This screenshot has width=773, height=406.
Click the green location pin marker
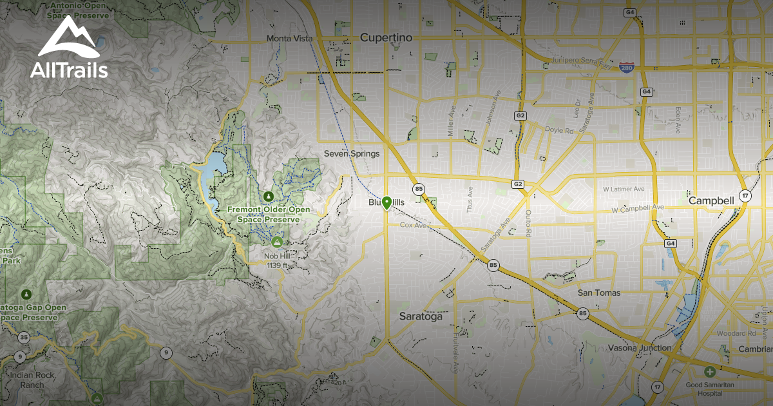point(386,203)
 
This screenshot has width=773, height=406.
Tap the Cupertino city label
point(386,37)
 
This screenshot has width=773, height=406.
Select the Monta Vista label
point(289,39)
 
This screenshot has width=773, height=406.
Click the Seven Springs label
point(352,153)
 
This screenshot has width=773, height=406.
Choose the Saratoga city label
point(421,316)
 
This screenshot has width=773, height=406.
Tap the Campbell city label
point(711,200)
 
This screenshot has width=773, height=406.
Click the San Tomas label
point(599,293)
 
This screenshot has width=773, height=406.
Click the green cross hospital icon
point(709,372)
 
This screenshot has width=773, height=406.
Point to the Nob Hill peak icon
point(277,242)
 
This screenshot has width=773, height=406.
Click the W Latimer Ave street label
point(624,189)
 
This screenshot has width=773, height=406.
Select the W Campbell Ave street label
point(638,208)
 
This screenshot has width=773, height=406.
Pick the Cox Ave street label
point(414,226)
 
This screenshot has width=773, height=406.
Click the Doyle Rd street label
point(560,130)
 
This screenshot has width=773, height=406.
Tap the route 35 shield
point(24,337)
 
